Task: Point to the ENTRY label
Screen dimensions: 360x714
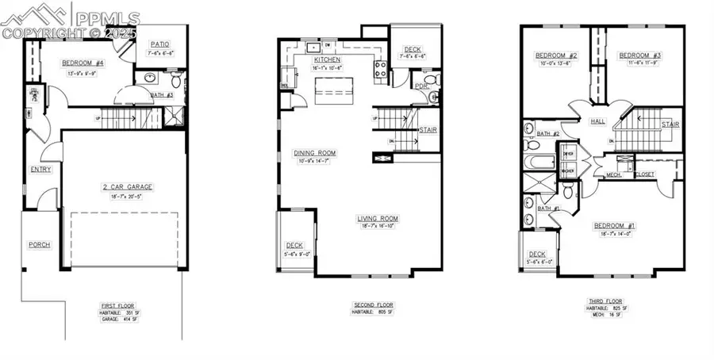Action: tap(40, 170)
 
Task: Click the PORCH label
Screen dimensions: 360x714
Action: tap(39, 245)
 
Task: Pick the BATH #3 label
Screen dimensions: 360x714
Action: tap(162, 96)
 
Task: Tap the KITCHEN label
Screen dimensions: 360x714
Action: tap(327, 60)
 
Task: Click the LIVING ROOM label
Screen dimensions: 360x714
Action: tap(378, 219)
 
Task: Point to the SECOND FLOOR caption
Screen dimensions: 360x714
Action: tap(372, 305)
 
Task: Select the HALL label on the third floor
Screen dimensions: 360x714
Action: tap(597, 122)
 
